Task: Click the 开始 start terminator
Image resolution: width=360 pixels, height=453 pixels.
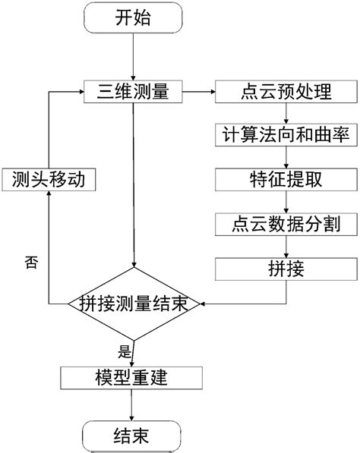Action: [133, 19]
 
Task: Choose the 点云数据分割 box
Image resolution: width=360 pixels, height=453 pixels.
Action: [284, 224]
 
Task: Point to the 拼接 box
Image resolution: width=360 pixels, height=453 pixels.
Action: [284, 269]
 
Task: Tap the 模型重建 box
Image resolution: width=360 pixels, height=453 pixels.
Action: [133, 377]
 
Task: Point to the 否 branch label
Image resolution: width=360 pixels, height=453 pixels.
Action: [30, 263]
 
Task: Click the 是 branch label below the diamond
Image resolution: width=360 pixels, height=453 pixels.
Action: [125, 351]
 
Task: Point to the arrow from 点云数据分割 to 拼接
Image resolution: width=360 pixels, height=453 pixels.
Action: [284, 247]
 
